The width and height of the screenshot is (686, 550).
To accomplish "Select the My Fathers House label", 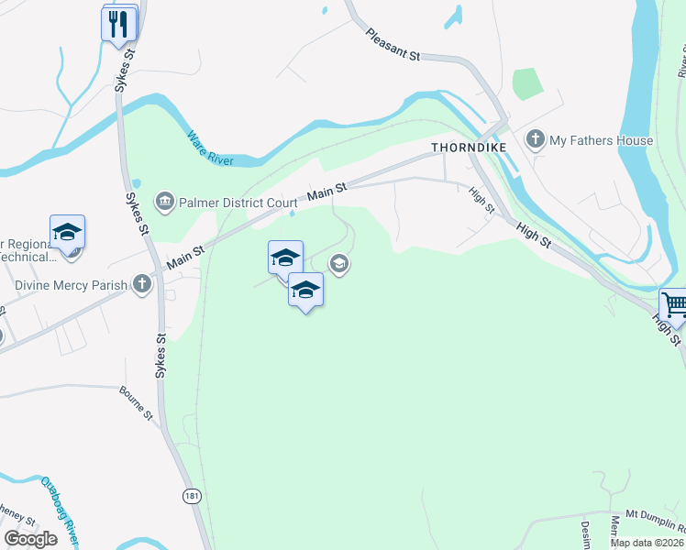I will point(601,140).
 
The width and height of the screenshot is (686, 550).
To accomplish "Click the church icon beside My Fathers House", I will point(535,140).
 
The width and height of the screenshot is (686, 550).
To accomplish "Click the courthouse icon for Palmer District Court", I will point(165,202).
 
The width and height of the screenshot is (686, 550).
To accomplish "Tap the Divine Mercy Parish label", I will point(71,285).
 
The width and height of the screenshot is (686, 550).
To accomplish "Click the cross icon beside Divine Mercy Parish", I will point(141,284).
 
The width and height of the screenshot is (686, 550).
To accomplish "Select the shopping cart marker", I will point(674,304).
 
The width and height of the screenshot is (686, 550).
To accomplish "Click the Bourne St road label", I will point(136,403).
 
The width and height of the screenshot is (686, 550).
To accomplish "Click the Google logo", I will point(31,539).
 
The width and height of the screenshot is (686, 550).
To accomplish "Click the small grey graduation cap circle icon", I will point(338,265).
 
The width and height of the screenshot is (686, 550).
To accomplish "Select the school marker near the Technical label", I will point(67,232).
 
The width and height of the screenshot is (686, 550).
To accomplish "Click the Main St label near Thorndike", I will point(327,190).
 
